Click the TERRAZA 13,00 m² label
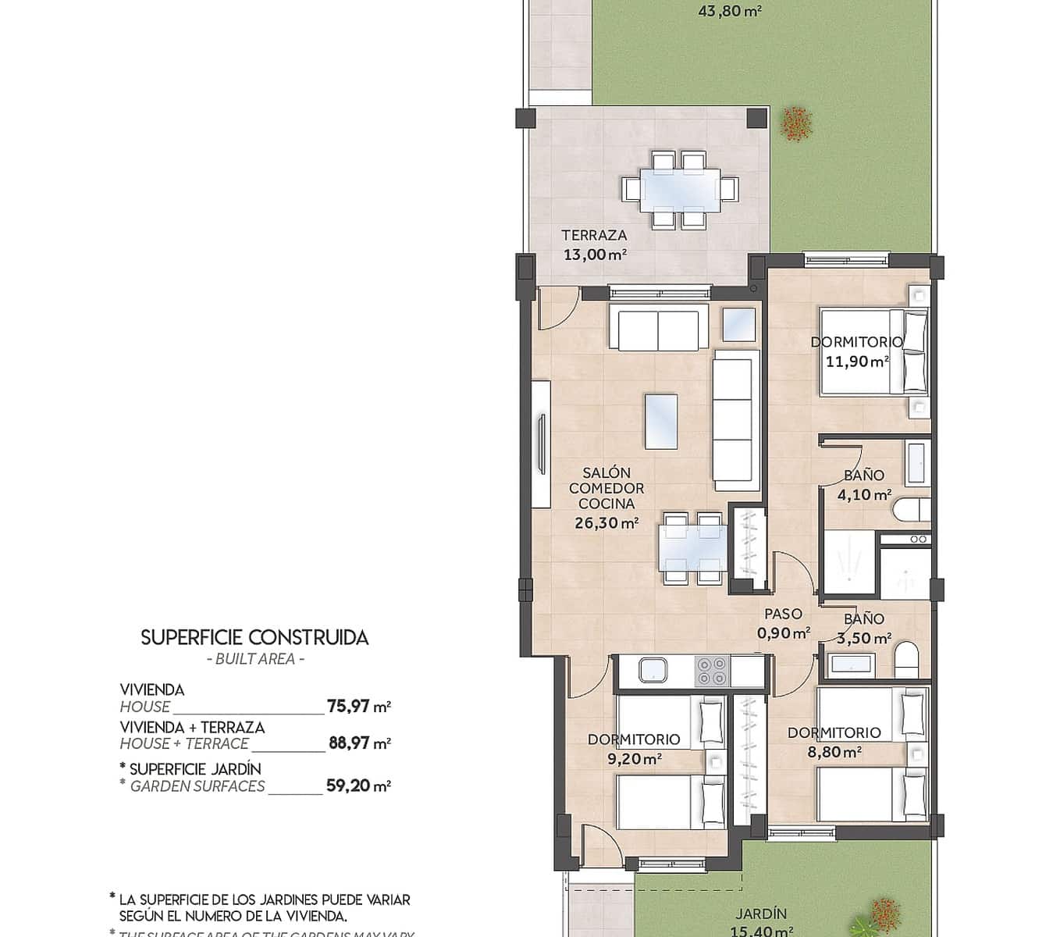594,244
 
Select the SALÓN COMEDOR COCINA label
606,497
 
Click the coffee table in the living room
661,421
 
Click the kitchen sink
653,671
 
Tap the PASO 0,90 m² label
783,623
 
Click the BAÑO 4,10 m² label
864,485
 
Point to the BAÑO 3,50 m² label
864,629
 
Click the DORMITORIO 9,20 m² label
634,748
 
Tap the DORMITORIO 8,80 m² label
834,742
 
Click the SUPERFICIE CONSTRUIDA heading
254,638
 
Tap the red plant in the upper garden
795,123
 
